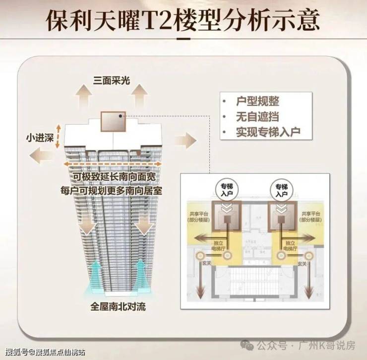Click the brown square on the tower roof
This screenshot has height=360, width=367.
(112, 121)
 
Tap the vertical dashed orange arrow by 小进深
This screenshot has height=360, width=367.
(58, 136)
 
